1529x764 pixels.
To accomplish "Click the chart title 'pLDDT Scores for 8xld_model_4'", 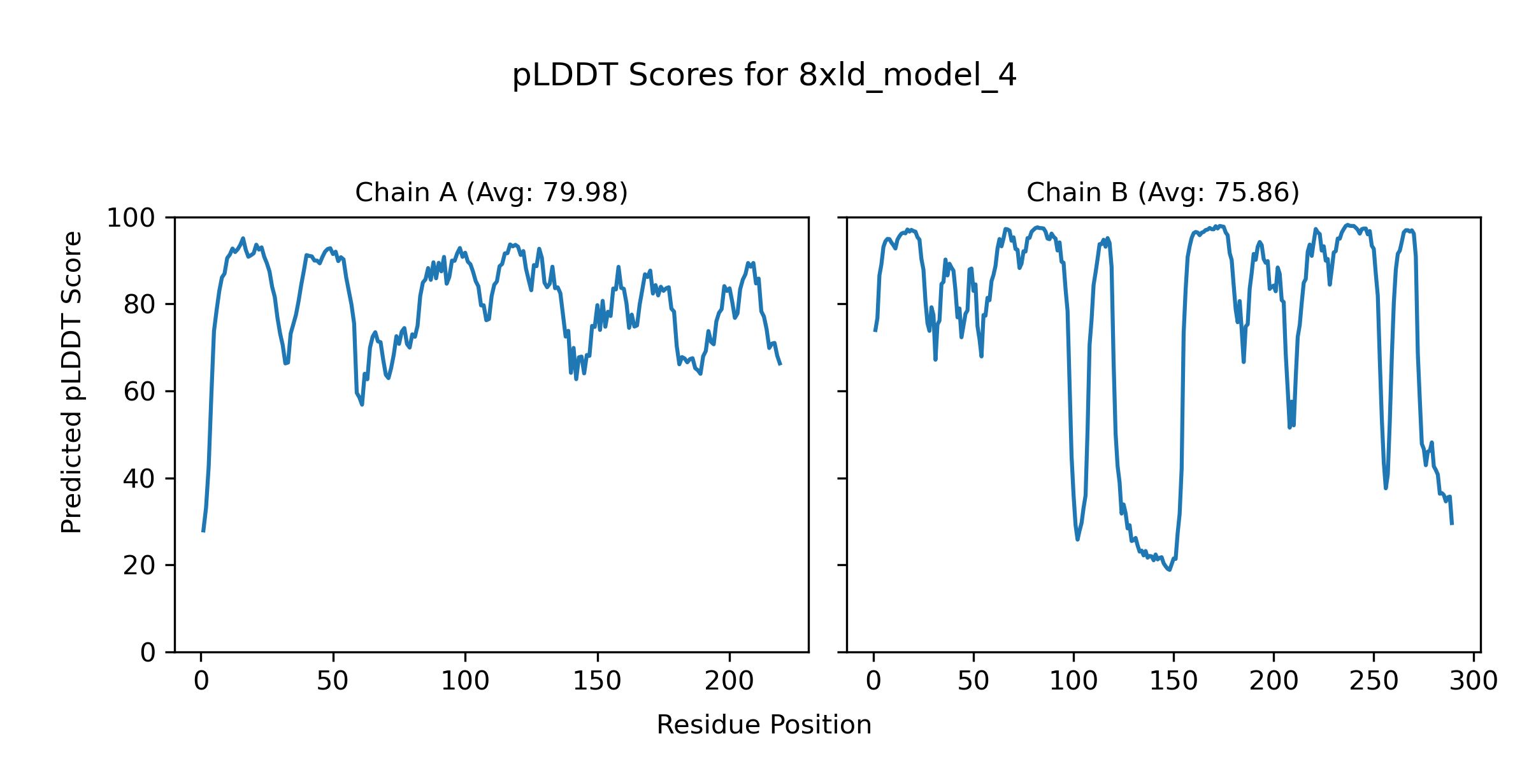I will point(764,76).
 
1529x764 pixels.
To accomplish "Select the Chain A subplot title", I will point(491,192).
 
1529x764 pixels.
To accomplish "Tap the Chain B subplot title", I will point(1163,192).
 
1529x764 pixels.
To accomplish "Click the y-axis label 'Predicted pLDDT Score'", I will point(71,382).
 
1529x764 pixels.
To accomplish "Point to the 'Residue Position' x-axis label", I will point(764,725).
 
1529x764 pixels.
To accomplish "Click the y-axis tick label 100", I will point(131,218).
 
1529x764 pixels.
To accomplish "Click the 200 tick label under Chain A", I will point(729,682).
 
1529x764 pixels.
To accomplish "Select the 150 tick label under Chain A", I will point(597,682).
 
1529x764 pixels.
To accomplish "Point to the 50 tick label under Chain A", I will point(333,682).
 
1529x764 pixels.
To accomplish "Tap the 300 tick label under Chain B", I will point(1474,682).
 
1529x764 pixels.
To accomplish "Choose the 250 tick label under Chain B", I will point(1374,682).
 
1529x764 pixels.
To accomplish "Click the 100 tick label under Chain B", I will point(1073,682).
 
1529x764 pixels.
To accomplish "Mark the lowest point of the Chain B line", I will point(1169,569).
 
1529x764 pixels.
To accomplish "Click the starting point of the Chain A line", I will point(203,531).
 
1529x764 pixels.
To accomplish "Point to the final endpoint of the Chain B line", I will point(1452,523).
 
